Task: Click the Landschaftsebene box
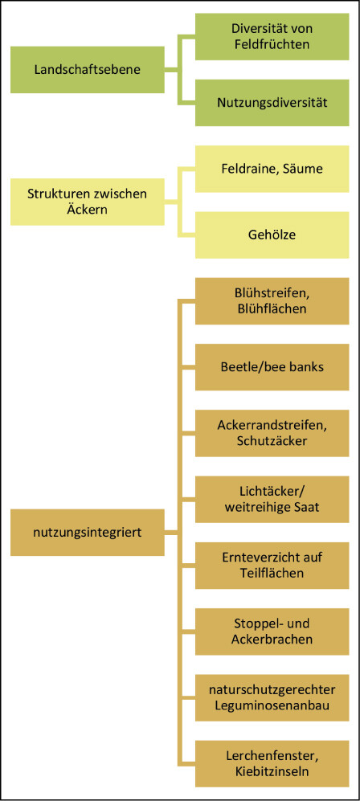pyautogui.click(x=88, y=69)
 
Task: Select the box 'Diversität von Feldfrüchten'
pyautogui.click(x=272, y=37)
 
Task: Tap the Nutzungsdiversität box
pyautogui.click(x=272, y=103)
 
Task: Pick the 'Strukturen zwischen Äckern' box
pyautogui.click(x=88, y=202)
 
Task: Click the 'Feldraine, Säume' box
pyautogui.click(x=272, y=169)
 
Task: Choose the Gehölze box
pyautogui.click(x=272, y=235)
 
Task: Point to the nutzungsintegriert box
pyautogui.click(x=88, y=533)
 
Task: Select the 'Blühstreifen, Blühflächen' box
pyautogui.click(x=272, y=301)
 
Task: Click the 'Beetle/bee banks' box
pyautogui.click(x=272, y=367)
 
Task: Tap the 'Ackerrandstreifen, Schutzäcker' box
pyautogui.click(x=272, y=433)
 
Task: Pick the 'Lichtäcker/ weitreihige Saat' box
pyautogui.click(x=272, y=500)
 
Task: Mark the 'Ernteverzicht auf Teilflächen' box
pyautogui.click(x=272, y=566)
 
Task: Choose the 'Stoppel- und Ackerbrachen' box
pyautogui.click(x=272, y=632)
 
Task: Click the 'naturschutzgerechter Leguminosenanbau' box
pyautogui.click(x=272, y=698)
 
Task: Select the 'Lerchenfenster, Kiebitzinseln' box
pyautogui.click(x=272, y=764)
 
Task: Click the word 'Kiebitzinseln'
pyautogui.click(x=272, y=771)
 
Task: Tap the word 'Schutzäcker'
pyautogui.click(x=272, y=441)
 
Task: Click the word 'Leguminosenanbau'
pyautogui.click(x=272, y=705)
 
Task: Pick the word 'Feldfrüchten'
pyautogui.click(x=272, y=44)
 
